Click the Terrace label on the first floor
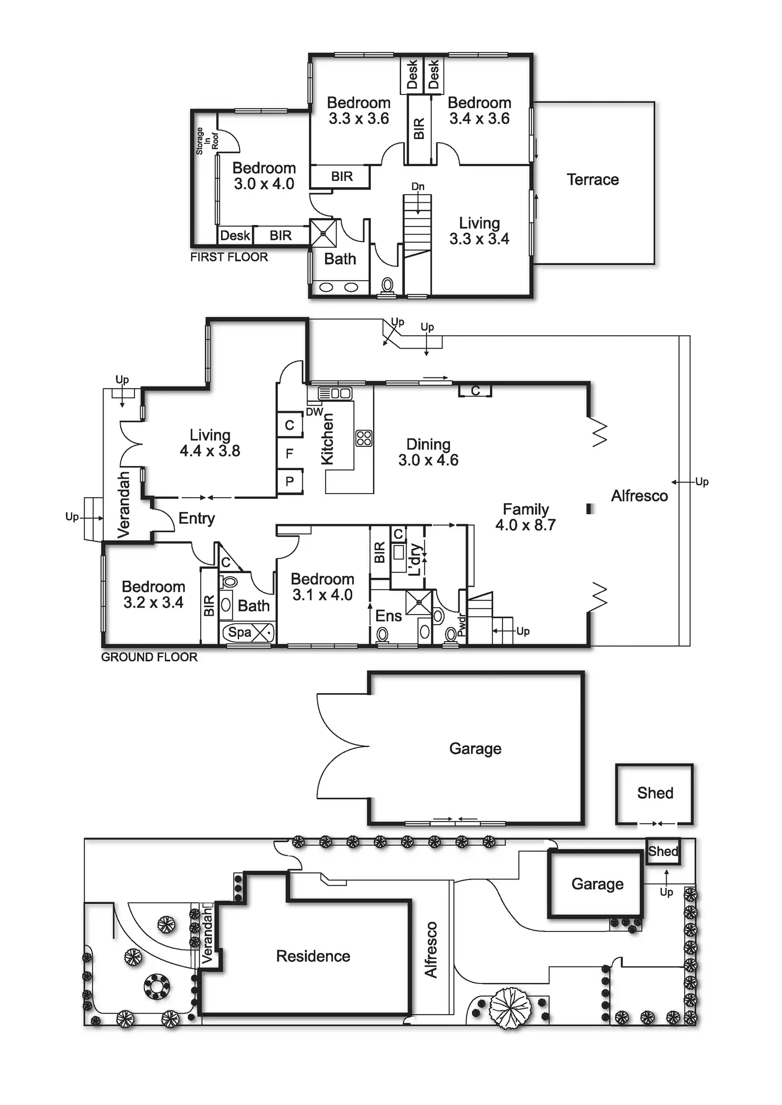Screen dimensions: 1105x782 tap(592, 180)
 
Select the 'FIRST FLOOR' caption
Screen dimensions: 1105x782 tap(229, 257)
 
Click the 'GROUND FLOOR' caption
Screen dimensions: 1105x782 tap(149, 657)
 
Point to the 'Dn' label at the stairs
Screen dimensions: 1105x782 tap(418, 187)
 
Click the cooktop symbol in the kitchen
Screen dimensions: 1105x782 tap(364, 438)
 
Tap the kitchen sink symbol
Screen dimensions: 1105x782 tap(335, 393)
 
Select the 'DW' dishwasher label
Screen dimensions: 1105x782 tap(314, 412)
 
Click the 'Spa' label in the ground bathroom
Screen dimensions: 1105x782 tap(240, 632)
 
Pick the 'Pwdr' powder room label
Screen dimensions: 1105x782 tap(461, 625)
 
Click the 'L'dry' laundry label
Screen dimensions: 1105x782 tap(415, 559)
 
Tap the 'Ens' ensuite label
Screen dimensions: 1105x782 tap(388, 616)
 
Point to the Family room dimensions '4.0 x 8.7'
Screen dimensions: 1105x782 tap(525, 525)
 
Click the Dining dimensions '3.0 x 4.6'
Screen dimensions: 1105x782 tap(428, 460)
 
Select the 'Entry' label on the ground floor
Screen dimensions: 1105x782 tap(197, 519)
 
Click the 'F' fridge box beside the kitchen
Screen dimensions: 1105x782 tap(290, 454)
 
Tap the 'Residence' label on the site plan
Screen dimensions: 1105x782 tap(313, 956)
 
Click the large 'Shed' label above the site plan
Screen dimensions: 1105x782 tap(655, 793)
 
